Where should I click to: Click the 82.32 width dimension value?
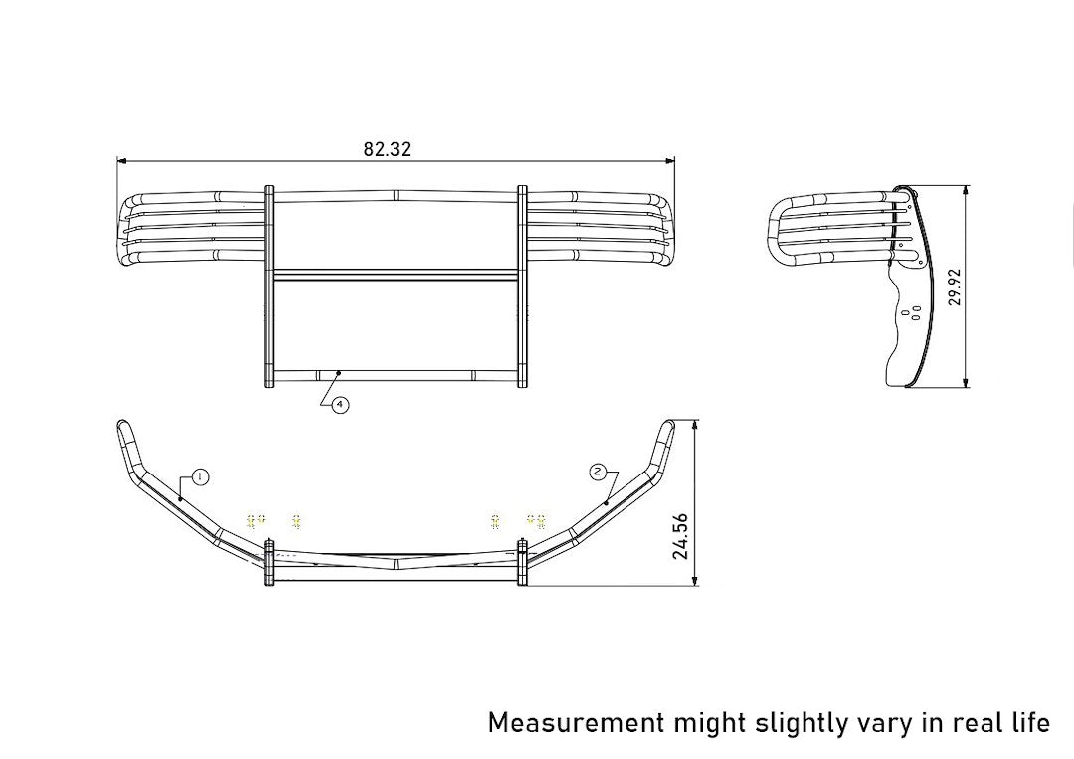tap(387, 149)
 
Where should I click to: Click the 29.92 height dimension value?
tap(955, 285)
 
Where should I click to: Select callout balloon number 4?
tap(340, 405)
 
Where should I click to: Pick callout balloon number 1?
tap(199, 477)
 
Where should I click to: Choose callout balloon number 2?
tap(597, 472)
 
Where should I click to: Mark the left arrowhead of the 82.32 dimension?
tap(120, 160)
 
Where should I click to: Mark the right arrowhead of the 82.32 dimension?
tap(671, 160)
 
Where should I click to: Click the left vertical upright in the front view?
tap(268, 286)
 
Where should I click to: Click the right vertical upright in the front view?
tap(522, 286)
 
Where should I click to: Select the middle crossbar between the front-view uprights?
tap(395, 275)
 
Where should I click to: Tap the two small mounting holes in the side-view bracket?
tap(909, 314)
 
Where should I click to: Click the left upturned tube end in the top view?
tap(126, 436)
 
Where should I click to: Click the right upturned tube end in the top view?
tap(664, 436)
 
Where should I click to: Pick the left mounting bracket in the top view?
tap(268, 563)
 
